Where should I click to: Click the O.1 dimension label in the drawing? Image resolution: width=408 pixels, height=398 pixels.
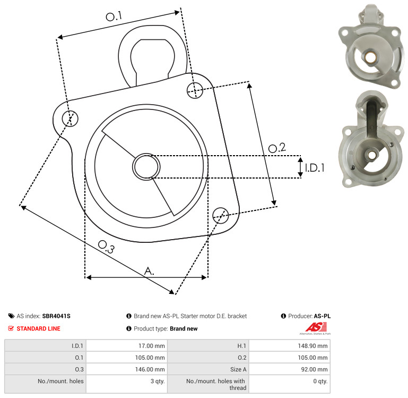(114, 16)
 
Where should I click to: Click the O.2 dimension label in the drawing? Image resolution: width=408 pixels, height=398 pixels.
(277, 148)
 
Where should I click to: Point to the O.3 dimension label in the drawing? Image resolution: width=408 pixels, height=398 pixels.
(106, 247)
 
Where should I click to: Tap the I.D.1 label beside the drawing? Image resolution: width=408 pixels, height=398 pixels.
(315, 168)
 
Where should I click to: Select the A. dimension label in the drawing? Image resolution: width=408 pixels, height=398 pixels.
(149, 271)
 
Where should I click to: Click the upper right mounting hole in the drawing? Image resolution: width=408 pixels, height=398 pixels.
(195, 90)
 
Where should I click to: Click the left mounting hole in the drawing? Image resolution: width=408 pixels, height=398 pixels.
(70, 118)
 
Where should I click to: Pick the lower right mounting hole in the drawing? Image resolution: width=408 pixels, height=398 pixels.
(221, 215)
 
